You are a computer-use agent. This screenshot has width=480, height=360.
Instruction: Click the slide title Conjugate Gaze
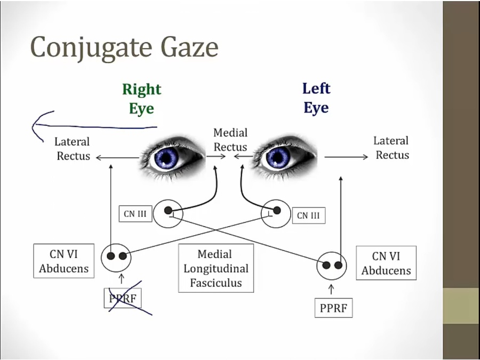[x=124, y=47]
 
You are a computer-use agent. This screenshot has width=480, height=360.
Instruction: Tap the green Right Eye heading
[x=141, y=99]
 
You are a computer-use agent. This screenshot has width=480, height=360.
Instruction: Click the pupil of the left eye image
[x=278, y=157]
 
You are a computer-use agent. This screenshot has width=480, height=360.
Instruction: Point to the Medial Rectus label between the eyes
[x=230, y=140]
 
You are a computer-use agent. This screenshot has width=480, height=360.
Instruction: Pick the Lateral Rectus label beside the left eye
[x=391, y=148]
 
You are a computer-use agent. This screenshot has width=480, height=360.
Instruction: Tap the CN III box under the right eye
[x=135, y=214]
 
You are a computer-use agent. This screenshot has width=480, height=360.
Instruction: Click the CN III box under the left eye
[x=308, y=215]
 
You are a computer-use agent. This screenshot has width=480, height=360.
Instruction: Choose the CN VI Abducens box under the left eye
[x=386, y=263]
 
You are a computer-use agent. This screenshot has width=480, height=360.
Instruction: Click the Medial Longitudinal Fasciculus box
[x=215, y=269]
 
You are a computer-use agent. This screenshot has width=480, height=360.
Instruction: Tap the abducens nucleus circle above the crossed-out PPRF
[x=117, y=256]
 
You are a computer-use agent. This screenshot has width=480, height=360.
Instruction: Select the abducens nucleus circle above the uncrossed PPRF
[x=332, y=265]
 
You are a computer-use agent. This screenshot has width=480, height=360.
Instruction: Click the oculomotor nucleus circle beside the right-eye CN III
[x=169, y=213]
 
